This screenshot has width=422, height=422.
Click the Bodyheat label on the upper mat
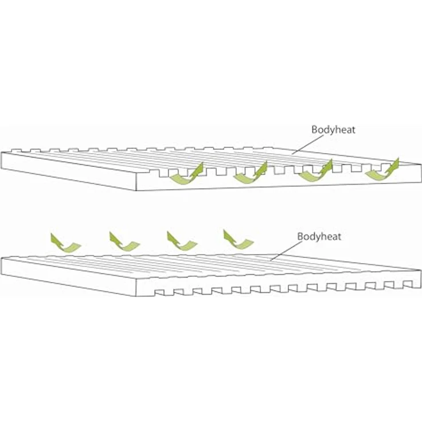[x=333, y=130]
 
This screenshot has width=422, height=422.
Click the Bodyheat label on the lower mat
[x=320, y=236]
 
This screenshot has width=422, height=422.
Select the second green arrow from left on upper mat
[x=250, y=173]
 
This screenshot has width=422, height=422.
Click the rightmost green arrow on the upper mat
[x=381, y=171]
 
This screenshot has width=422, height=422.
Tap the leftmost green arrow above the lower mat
[x=65, y=243]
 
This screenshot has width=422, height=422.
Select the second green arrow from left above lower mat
[x=124, y=241]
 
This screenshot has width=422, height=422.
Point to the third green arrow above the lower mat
[x=182, y=241]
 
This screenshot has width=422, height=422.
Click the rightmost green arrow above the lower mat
[x=238, y=240]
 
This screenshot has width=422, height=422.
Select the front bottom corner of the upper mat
[x=135, y=190]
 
